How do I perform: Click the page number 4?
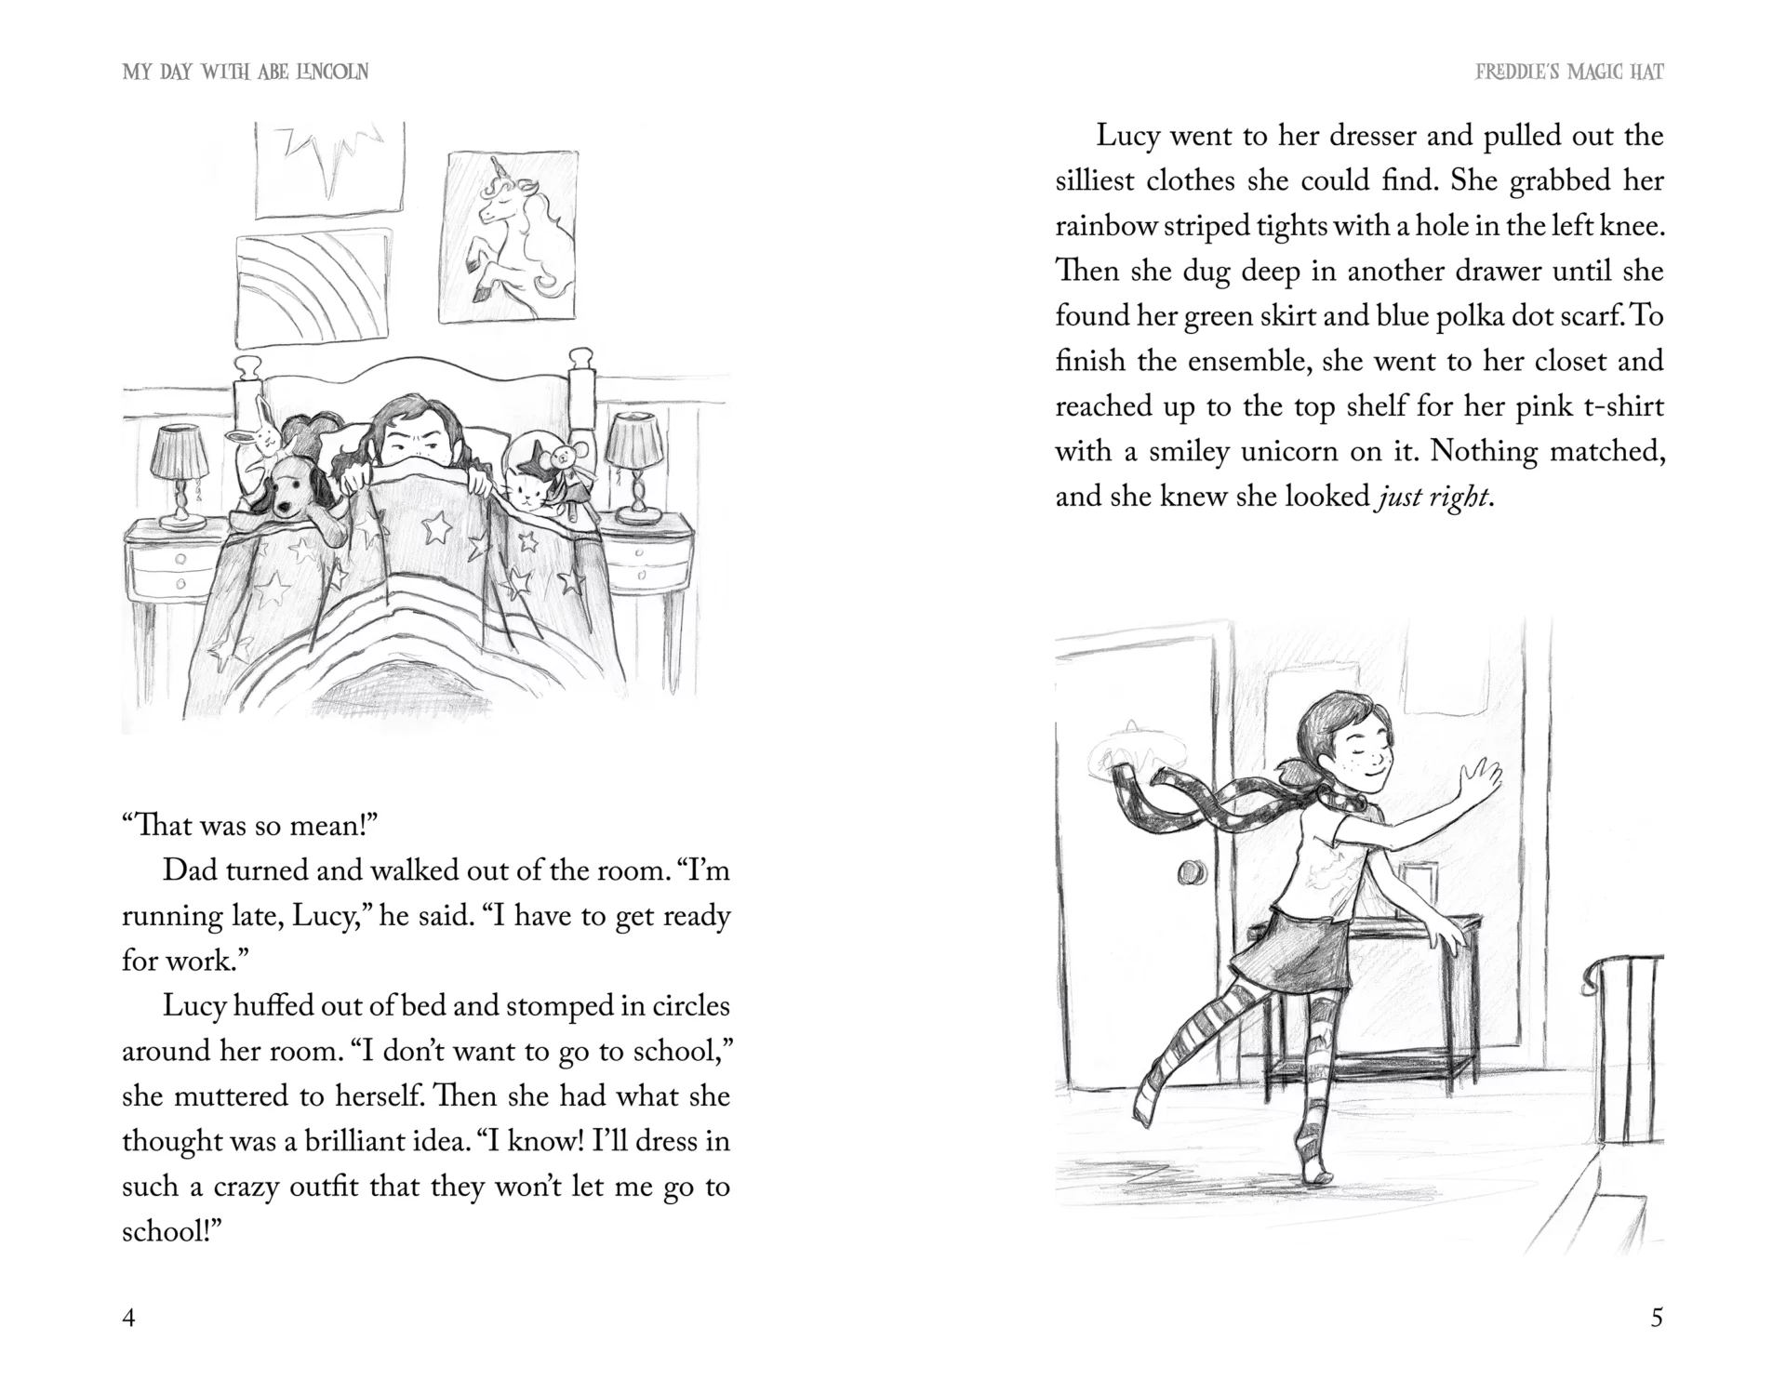[129, 1318]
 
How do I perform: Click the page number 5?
[1656, 1318]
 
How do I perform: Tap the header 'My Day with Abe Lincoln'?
[246, 72]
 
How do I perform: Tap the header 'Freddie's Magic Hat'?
[1569, 72]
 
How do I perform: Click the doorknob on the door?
[1192, 872]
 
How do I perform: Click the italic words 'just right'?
[1432, 497]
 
